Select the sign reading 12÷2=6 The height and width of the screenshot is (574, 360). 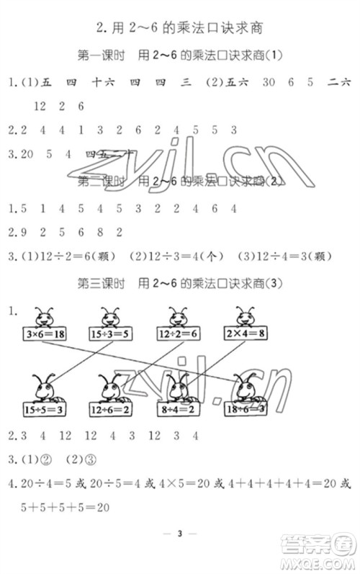pyautogui.click(x=182, y=336)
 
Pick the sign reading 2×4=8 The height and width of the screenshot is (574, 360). pyautogui.click(x=249, y=336)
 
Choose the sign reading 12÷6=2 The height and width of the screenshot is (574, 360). pyautogui.click(x=111, y=409)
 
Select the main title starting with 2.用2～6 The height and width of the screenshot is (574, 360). pyautogui.click(x=179, y=28)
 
